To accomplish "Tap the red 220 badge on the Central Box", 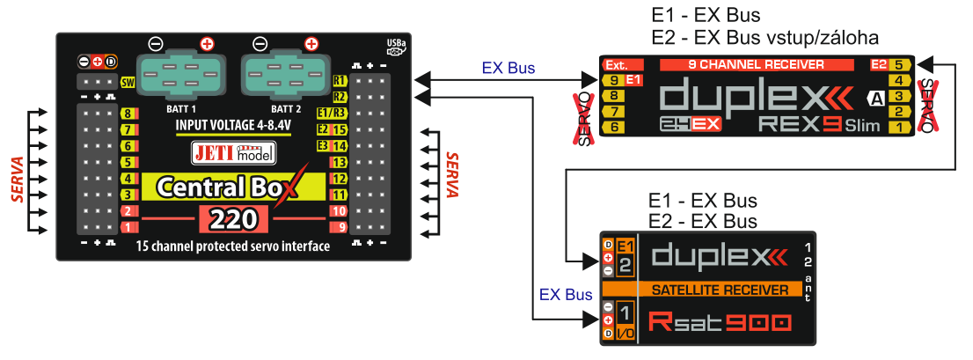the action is [233, 219].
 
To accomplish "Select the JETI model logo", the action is [233, 153].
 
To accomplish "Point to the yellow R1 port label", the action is [339, 81].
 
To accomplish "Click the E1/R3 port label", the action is [332, 113].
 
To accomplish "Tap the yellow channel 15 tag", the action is [339, 129].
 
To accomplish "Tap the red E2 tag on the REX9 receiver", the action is [879, 64].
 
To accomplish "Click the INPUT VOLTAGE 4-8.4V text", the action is [233, 125].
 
